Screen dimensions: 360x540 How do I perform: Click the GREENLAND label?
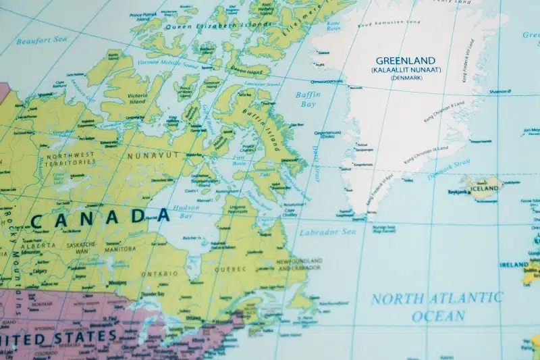[x=405, y=60]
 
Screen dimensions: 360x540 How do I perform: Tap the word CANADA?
[x=100, y=217]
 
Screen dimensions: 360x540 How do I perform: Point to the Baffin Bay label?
[x=308, y=99]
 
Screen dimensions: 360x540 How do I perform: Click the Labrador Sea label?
[x=327, y=232]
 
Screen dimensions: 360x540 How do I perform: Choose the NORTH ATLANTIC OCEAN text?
[x=437, y=306]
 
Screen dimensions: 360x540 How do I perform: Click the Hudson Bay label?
[x=185, y=212]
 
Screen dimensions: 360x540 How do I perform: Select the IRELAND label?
[x=514, y=265]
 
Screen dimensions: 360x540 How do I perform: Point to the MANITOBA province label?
[x=119, y=249]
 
